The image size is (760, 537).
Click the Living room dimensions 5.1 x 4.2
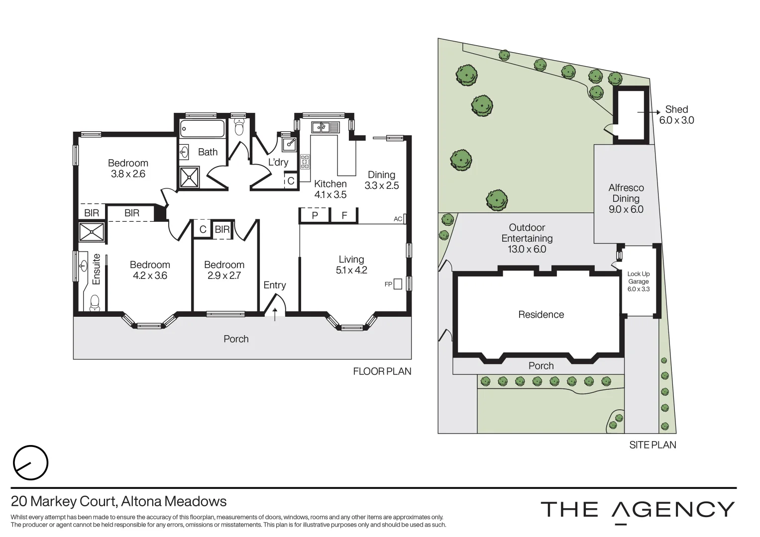point(351,270)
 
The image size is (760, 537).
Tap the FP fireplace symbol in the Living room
point(397,284)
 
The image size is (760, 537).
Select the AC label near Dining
point(398,219)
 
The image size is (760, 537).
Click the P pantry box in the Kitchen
point(315,215)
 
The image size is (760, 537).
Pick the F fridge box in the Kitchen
point(344,215)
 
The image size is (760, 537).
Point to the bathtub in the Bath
point(202,128)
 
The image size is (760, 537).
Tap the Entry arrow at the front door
point(275,314)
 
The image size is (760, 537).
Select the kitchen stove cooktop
point(305,162)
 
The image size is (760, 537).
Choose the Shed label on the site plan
point(676,109)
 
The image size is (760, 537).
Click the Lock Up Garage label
point(638,281)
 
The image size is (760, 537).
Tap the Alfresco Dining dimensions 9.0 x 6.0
point(626,209)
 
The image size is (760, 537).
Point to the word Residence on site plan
point(541,314)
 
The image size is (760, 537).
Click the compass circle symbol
point(30,463)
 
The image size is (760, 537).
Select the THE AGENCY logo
point(637,510)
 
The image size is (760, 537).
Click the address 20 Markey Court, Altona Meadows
point(119,502)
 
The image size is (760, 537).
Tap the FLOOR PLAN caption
point(382,371)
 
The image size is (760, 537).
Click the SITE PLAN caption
point(652,445)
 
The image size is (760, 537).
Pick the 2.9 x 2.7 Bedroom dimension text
point(224,275)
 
